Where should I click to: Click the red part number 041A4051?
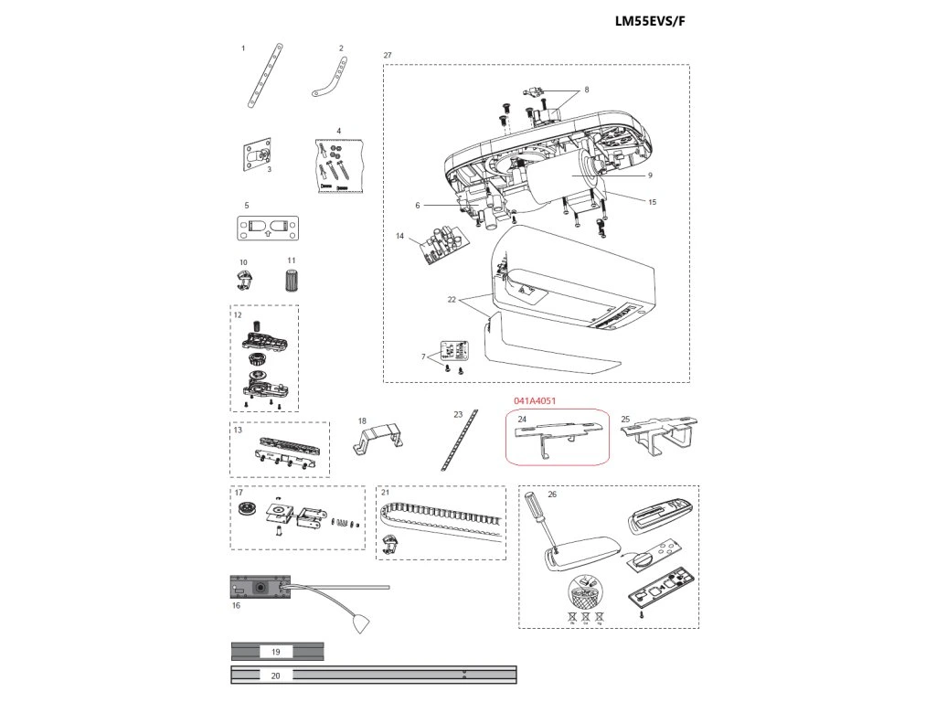coord(535,400)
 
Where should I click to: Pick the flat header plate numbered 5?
coord(269,227)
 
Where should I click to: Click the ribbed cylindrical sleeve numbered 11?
coord(292,280)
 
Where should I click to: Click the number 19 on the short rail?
coord(276,652)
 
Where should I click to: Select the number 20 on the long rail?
coord(276,676)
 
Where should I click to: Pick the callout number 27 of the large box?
coord(388,56)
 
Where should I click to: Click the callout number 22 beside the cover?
coord(452,299)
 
